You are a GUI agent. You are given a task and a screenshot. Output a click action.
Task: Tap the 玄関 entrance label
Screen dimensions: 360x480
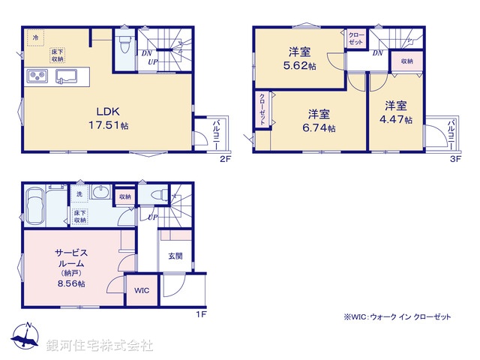pos(174,256)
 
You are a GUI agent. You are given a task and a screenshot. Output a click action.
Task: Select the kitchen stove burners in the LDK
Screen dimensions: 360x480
pos(37,76)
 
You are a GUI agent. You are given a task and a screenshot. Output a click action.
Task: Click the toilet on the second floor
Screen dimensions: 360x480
pos(125,42)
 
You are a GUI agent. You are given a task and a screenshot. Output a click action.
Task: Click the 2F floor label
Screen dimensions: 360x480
pos(224,160)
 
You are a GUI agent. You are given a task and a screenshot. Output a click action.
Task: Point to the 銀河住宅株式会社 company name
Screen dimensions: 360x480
pos(100,346)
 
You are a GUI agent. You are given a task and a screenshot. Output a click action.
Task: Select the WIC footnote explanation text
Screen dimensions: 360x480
pos(397,318)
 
